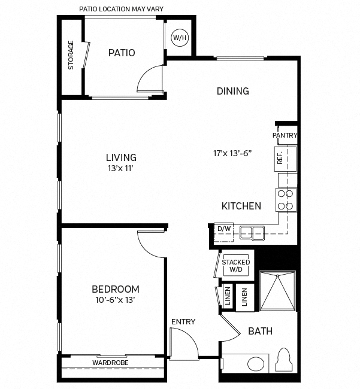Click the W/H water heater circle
[x=180, y=38]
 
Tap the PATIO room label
[x=122, y=53]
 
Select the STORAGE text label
[x=71, y=55]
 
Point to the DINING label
[x=232, y=91]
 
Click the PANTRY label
[x=285, y=135]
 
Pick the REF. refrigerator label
[x=280, y=158]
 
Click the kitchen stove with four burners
[x=286, y=199]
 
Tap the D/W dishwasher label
[x=224, y=229]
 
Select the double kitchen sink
[x=252, y=232]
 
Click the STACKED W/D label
[x=235, y=265]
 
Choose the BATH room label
[x=261, y=331]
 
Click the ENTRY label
[x=183, y=322]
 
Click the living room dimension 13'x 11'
[x=121, y=168]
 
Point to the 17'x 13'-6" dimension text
[x=232, y=153]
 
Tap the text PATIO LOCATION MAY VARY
[x=121, y=9]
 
